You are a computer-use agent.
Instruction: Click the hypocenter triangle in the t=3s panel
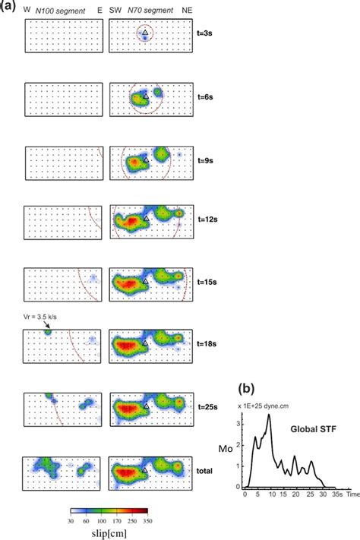(x=145, y=32)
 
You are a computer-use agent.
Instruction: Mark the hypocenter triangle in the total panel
(x=145, y=470)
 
